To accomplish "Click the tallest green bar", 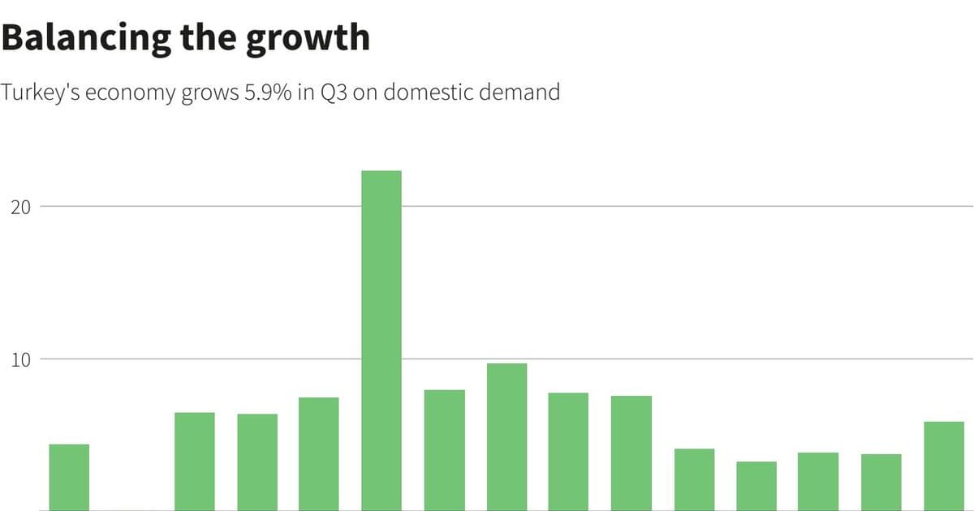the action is [x=381, y=341].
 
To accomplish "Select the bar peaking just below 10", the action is [x=506, y=437].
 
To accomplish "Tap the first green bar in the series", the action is [x=69, y=478].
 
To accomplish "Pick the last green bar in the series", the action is [x=944, y=466].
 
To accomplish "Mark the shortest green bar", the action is [x=756, y=486].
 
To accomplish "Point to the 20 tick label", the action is [x=21, y=208].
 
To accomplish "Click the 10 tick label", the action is [x=21, y=360].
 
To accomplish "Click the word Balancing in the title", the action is [x=86, y=39].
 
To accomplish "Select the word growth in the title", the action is [x=308, y=39].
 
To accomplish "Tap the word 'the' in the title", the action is [x=209, y=37].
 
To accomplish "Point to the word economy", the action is [x=130, y=94].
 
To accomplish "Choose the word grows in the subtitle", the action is [x=210, y=94].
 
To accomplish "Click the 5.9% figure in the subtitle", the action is [x=268, y=92].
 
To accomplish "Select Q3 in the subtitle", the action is [x=334, y=92].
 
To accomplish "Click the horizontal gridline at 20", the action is [x=507, y=206].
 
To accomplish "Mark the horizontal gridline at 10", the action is [x=507, y=359].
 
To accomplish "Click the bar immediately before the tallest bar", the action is [x=319, y=454].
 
